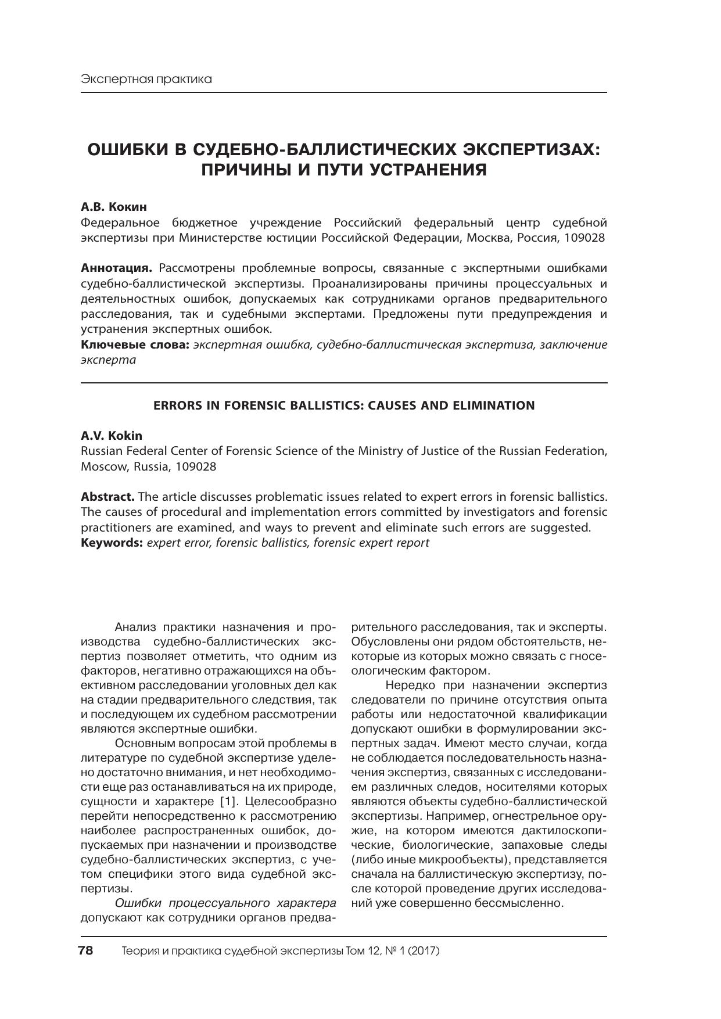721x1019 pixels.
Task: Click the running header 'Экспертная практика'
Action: [146, 79]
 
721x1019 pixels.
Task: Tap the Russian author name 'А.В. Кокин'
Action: [114, 207]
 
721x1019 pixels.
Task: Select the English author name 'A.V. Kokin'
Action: [112, 436]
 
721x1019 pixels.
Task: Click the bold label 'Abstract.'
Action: [107, 497]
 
